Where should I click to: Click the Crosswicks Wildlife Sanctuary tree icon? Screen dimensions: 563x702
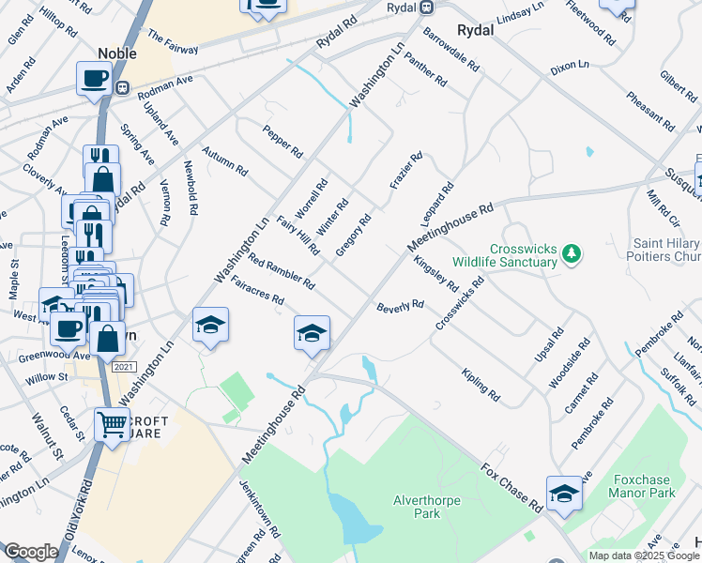point(570,253)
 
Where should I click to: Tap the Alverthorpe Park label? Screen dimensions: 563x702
point(426,507)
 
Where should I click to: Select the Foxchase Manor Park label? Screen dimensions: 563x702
point(642,485)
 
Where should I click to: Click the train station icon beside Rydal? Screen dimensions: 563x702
point(426,8)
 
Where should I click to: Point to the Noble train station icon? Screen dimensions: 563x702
point(122,87)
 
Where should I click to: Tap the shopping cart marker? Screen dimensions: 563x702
point(112,424)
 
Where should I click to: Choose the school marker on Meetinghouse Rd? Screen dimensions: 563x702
point(312,332)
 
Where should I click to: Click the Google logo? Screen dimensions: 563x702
point(31,552)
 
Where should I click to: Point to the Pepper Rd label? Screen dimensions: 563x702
point(282,141)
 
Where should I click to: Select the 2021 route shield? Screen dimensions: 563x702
point(123,366)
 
